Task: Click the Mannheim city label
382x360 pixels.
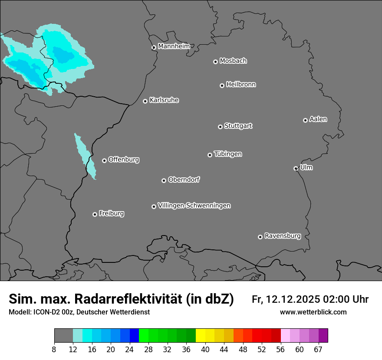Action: coord(174,46)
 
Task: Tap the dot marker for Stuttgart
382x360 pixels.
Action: coord(221,127)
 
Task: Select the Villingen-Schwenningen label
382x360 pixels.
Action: coord(194,206)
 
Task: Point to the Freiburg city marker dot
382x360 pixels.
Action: coord(95,214)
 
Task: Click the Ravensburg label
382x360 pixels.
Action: coord(282,236)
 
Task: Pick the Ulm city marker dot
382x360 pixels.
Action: coord(296,168)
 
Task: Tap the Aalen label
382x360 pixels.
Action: coord(318,119)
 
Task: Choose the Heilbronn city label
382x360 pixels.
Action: coord(241,85)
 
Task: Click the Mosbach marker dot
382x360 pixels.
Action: coord(215,62)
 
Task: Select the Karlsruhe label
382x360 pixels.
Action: coord(164,100)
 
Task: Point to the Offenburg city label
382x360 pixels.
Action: coord(124,160)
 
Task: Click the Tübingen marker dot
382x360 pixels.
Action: coord(210,155)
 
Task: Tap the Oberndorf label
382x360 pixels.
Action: coord(184,180)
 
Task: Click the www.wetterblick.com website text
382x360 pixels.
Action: coord(313,312)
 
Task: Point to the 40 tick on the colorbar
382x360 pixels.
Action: coord(205,350)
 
